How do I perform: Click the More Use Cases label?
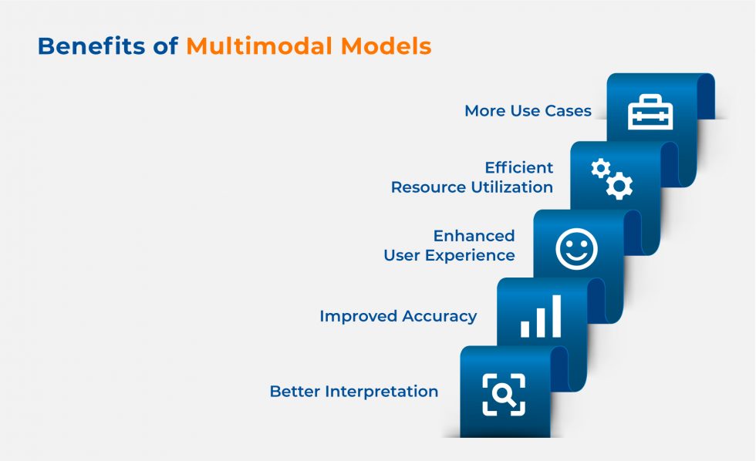[528, 111]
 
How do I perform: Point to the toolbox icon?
[650, 113]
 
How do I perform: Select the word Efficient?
[519, 167]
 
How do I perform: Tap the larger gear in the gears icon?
[619, 187]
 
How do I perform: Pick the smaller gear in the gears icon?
[600, 168]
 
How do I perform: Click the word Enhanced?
[474, 235]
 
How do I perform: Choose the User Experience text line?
[449, 255]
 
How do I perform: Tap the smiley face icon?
[576, 249]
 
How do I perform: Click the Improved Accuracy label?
[398, 316]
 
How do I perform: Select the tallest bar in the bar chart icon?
[555, 316]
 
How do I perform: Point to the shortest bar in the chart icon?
[525, 328]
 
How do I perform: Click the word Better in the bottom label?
[295, 392]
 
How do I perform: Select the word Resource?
[427, 187]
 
